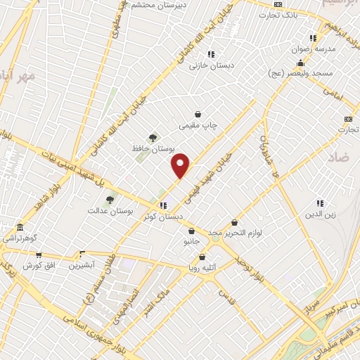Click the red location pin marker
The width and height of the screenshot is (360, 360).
pos(181,165)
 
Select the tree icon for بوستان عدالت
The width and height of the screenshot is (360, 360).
pos(110,200)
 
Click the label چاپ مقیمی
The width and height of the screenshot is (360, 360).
pos(199,125)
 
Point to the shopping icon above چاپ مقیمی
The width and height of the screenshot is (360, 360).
pos(199,114)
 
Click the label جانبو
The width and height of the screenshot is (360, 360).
pos(192,241)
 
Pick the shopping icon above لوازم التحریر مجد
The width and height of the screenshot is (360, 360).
pos(234,222)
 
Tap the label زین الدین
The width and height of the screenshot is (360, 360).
pos(320,213)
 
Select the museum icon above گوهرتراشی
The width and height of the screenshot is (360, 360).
pos(19,229)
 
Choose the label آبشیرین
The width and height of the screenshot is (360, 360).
pos(83,266)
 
